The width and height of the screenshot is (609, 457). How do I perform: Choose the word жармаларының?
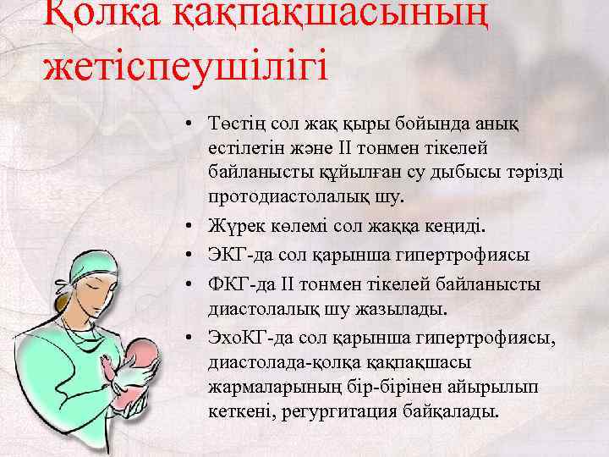pyautogui.click(x=266, y=387)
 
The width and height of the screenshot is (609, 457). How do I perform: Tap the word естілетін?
pyautogui.click(x=244, y=149)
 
